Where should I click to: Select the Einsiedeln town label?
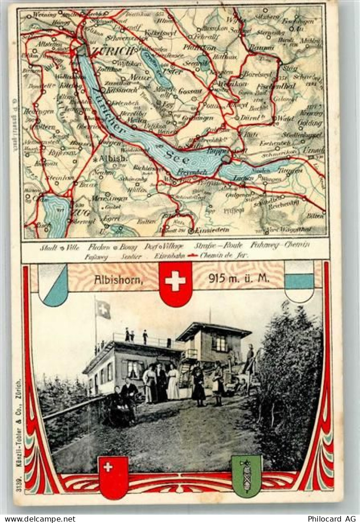click(201, 230)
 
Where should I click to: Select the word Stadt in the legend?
click(49, 247)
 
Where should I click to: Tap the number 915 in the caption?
click(218, 279)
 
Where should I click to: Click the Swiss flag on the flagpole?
click(103, 309)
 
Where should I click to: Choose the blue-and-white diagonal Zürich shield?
click(53, 284)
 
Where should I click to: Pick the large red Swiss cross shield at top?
click(175, 283)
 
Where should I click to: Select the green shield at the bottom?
click(246, 475)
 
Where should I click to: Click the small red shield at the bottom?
click(113, 476)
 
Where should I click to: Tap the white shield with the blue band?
click(299, 280)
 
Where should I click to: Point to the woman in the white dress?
click(173, 382)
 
